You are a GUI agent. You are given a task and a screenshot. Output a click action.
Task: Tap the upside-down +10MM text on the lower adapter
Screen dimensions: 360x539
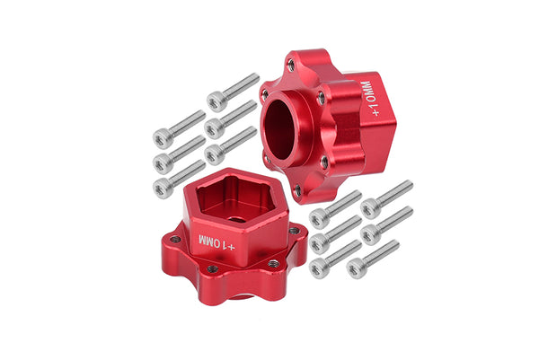(x=216, y=242)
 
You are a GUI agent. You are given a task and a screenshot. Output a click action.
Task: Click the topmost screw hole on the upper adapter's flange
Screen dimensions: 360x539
(x=289, y=65)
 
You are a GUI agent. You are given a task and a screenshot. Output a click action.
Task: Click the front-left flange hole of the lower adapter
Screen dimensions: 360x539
(x=212, y=268)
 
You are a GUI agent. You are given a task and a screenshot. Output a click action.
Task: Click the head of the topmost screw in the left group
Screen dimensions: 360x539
(x=215, y=101)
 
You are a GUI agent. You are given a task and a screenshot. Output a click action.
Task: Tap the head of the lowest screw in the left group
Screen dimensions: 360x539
(x=163, y=188)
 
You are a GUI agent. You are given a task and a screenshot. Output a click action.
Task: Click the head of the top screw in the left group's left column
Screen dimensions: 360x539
(x=163, y=137)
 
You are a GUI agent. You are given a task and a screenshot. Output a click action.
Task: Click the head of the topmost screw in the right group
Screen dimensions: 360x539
(x=368, y=207)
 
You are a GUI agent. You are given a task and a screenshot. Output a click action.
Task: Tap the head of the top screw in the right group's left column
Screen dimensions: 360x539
(x=317, y=216)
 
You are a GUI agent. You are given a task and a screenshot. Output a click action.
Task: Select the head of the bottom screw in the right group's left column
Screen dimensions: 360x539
(x=317, y=267)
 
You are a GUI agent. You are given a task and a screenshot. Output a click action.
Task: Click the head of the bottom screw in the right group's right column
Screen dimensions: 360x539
(x=356, y=267)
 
